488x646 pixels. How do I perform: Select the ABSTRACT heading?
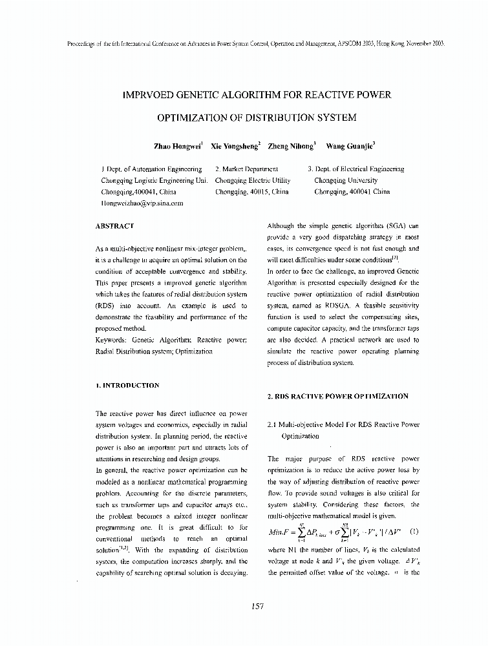[x=114, y=226]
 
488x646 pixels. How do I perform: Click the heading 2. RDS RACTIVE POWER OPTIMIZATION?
[x=337, y=396]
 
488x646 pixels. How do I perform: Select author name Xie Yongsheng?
[x=234, y=147]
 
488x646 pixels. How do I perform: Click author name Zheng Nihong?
[x=290, y=147]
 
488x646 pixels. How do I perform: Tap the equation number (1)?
[x=414, y=532]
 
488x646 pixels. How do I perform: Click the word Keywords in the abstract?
[x=111, y=340]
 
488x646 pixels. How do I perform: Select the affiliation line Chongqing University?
[x=345, y=181]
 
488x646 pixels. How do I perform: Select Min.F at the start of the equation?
[x=281, y=534]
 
